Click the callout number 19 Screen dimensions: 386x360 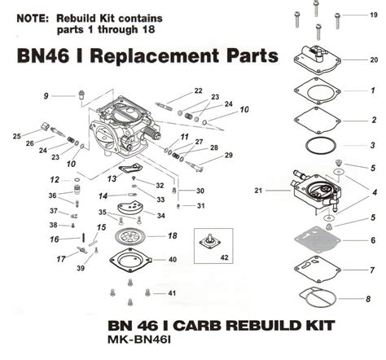[x=374, y=15]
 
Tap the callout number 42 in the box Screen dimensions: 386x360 [x=225, y=257]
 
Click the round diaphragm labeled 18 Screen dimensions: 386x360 [x=129, y=236]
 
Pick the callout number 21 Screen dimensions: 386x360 [x=258, y=191]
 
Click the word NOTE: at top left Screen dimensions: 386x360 [x=33, y=19]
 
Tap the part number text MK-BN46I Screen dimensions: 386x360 [x=139, y=340]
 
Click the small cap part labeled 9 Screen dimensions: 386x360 [x=81, y=94]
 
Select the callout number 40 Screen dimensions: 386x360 [x=173, y=260]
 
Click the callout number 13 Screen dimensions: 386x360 [x=112, y=178]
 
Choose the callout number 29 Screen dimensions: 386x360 [x=229, y=155]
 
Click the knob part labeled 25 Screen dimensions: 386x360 [x=46, y=126]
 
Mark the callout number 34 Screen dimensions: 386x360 [x=161, y=216]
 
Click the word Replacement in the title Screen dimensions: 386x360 [x=154, y=55]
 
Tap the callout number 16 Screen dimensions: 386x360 [x=55, y=239]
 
